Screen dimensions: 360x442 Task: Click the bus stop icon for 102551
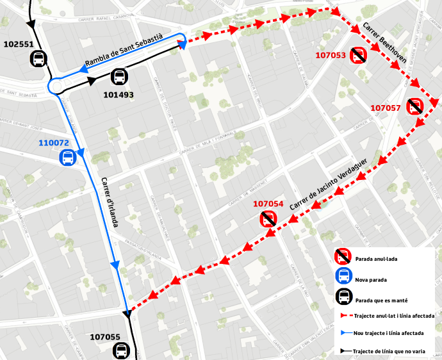tap(38, 60)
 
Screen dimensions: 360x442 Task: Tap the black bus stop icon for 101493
tap(119, 78)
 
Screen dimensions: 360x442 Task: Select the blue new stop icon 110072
tap(67, 157)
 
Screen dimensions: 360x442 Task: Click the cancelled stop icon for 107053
tap(358, 56)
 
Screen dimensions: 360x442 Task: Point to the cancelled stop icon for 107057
tap(415, 106)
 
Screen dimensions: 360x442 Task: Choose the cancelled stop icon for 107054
tap(268, 219)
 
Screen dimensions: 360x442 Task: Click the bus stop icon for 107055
tap(120, 350)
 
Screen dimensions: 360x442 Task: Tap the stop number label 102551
tap(19, 44)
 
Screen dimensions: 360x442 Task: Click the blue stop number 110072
tap(54, 143)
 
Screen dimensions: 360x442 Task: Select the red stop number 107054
tap(268, 204)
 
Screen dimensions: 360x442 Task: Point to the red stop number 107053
tap(331, 56)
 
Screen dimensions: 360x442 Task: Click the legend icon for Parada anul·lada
tap(343, 257)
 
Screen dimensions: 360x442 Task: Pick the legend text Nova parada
tap(370, 280)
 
